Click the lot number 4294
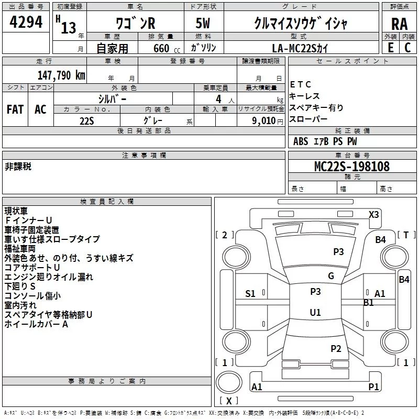[26, 22]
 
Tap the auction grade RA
[400, 24]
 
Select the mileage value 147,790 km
[61, 75]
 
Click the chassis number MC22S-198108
[352, 166]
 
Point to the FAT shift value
[15, 109]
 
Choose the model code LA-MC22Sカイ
[300, 48]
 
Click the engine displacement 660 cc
[167, 48]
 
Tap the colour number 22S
[87, 121]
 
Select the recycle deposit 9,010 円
[268, 121]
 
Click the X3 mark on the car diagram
[373, 215]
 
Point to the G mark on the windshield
[331, 276]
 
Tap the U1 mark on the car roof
[315, 312]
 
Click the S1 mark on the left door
[250, 294]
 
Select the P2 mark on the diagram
[336, 348]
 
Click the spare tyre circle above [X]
[229, 382]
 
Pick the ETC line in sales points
[300, 84]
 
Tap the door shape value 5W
[203, 23]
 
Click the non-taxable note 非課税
[18, 167]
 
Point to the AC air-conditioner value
[40, 109]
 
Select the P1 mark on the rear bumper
[373, 387]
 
